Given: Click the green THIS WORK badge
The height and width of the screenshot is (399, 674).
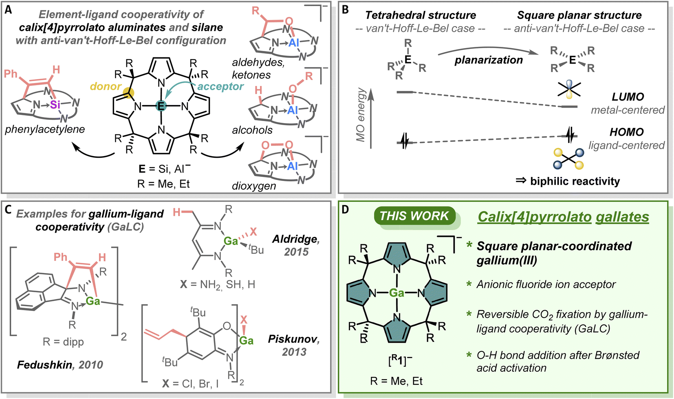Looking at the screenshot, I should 414,216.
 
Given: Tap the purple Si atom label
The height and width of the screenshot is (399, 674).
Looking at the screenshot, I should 55,105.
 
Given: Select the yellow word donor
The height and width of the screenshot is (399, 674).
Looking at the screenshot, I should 106,86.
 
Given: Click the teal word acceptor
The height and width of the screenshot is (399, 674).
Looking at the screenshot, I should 220,86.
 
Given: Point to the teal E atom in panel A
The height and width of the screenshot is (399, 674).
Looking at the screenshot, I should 161,106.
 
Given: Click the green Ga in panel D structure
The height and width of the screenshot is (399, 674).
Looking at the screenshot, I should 396,293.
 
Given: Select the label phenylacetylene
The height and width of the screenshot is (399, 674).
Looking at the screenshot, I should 45,129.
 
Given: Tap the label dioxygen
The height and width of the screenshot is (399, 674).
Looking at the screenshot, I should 254,186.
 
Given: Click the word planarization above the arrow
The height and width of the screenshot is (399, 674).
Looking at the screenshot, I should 489,60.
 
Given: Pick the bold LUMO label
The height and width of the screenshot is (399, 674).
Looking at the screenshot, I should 628,97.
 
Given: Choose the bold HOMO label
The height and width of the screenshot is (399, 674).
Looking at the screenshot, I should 626,132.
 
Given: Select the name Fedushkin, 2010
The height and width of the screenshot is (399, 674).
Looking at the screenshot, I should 60,364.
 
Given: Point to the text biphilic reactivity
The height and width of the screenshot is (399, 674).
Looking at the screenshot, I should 575,181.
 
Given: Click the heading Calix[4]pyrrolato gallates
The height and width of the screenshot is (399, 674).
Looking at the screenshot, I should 563,217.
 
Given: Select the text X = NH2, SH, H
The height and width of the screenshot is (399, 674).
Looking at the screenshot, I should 218,284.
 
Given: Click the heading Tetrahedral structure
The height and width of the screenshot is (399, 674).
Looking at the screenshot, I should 421,15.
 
